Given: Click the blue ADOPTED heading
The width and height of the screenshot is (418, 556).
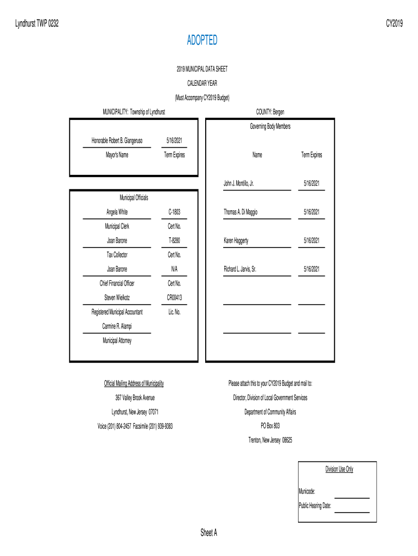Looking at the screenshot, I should pos(202,40).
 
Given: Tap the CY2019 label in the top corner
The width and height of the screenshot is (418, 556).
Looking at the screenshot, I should pos(394,23).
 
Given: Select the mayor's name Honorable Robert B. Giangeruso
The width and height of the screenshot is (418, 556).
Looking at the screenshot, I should pos(117,141).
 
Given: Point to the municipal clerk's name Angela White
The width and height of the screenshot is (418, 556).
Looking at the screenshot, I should pos(117,212).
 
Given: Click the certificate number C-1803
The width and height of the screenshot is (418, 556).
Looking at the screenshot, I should pos(174,212).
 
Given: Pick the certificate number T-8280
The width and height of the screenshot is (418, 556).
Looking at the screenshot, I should pos(174,240).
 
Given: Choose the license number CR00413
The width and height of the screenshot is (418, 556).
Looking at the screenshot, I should pos(174,298).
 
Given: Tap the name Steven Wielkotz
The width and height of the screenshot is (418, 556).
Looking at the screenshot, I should pos(117,298).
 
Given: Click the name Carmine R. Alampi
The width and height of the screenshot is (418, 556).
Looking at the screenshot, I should pos(117,326).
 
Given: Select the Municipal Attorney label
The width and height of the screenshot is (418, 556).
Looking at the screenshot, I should pos(117,340).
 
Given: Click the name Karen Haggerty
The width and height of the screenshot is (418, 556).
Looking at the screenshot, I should pos(236,240).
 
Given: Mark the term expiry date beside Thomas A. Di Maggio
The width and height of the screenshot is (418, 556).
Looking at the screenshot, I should pos(312,212).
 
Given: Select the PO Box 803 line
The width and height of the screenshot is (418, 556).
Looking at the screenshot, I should pos(270,426).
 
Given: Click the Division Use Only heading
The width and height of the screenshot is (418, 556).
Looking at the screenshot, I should pos(339,469).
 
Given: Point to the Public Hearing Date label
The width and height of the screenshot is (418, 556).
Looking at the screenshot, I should pos(315,505).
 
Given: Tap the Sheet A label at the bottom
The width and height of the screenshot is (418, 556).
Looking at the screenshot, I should pos(208,533).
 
